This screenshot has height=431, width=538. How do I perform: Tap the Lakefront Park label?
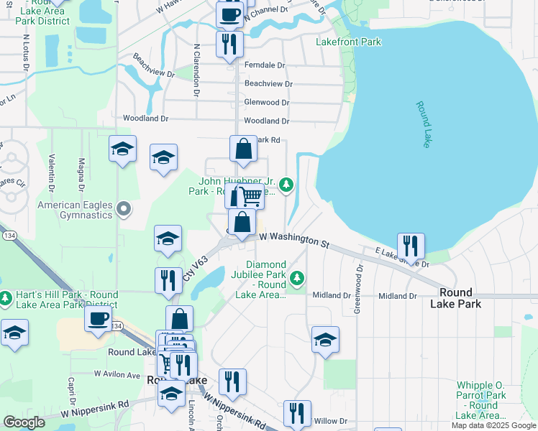348,42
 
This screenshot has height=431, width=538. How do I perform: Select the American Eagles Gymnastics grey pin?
124,210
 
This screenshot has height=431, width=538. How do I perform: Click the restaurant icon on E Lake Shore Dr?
411,245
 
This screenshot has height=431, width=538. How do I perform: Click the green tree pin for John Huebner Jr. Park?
286,185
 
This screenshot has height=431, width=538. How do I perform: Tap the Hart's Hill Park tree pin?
6,297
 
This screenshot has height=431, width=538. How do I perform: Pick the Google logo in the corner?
24,422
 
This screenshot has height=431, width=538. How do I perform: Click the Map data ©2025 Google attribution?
493,425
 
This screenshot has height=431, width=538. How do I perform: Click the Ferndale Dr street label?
265,65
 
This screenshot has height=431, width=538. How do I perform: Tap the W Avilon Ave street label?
117,375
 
